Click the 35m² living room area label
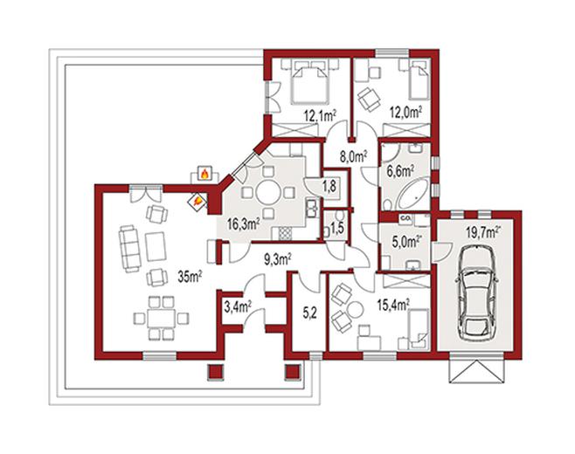point(190,277)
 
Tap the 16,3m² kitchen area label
point(243,224)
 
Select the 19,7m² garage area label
point(483,232)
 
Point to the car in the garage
point(477,292)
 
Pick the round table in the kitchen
point(268,192)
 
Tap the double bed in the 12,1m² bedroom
point(308,82)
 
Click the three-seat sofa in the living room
point(130,249)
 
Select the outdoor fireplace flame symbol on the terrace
point(204,173)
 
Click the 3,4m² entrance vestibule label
point(238,307)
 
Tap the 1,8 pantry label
point(329,186)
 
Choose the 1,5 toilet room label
point(336,230)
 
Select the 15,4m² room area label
point(393,305)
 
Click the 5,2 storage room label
point(308,313)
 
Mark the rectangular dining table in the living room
point(162,318)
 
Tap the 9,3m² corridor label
point(278,259)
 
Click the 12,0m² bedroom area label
point(405,113)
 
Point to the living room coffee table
point(156,246)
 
